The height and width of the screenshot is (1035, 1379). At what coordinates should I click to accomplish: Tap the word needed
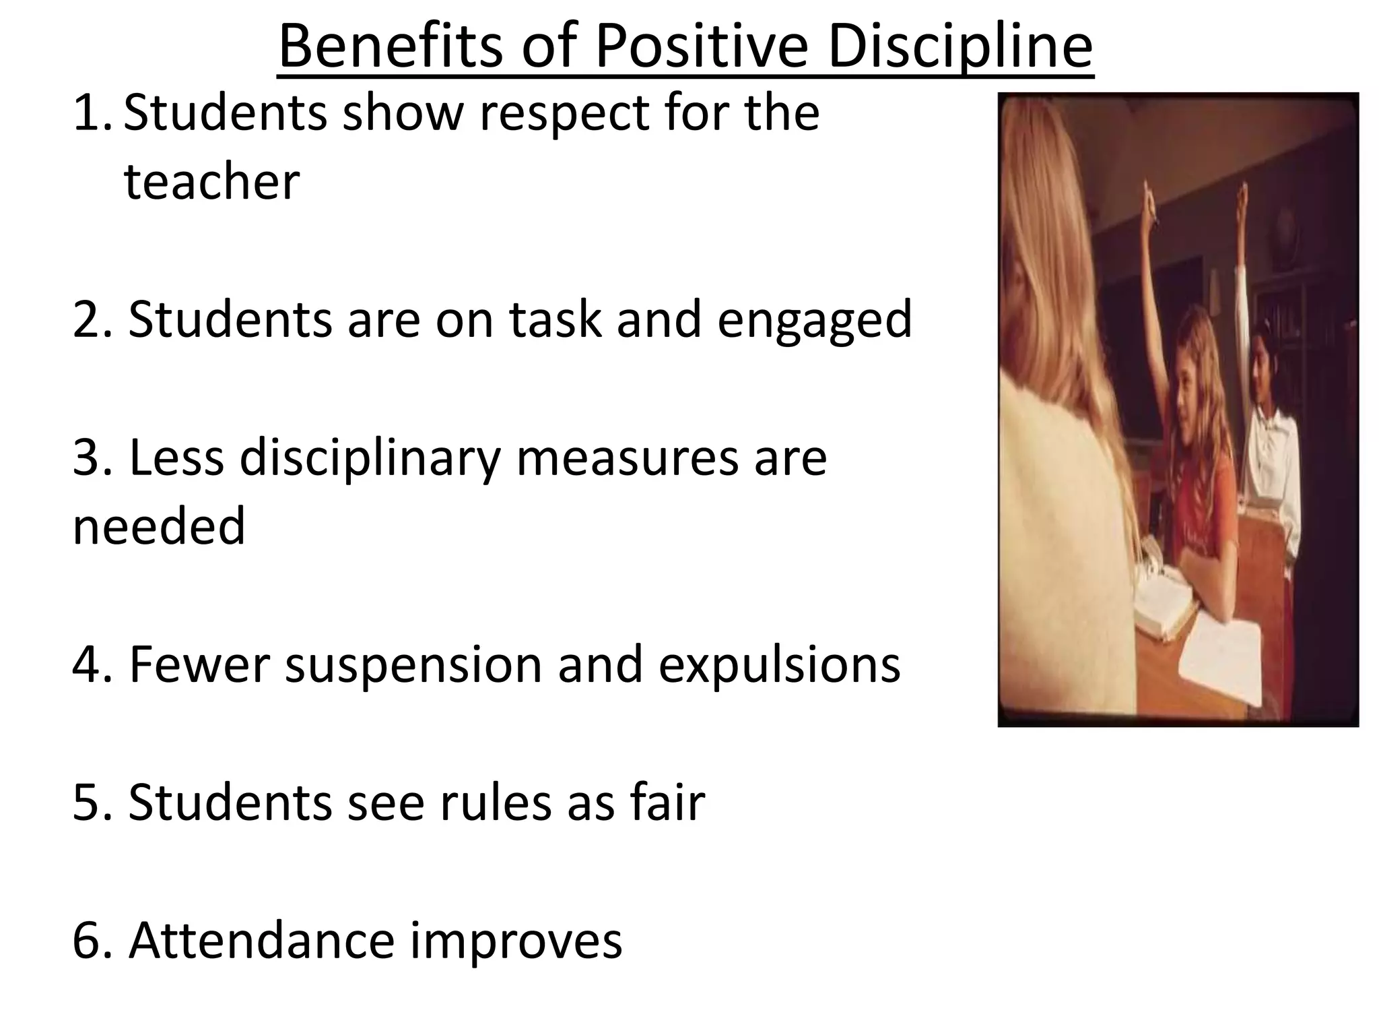click(x=159, y=527)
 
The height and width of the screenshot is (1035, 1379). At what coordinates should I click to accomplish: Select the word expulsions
click(x=779, y=666)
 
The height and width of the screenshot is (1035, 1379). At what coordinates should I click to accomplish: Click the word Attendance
click(x=261, y=941)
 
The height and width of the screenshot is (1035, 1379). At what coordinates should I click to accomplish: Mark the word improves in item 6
click(x=516, y=941)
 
